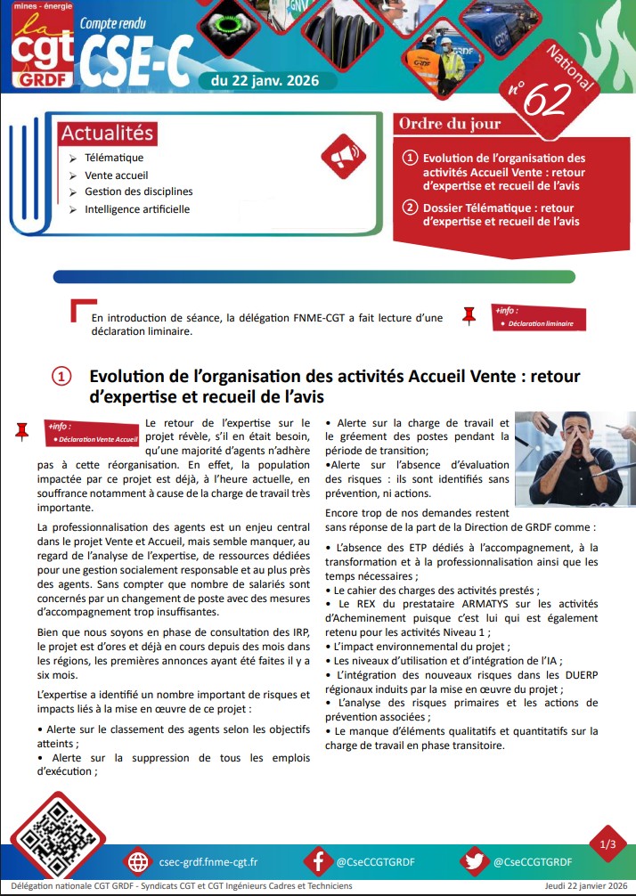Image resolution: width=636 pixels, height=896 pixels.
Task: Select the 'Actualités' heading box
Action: tap(108, 134)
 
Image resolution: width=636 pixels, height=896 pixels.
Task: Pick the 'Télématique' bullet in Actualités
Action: tap(114, 158)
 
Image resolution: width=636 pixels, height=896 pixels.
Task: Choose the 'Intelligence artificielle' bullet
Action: tap(136, 209)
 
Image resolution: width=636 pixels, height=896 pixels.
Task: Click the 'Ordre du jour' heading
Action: tap(450, 124)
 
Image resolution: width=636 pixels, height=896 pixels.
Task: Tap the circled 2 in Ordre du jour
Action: tap(410, 208)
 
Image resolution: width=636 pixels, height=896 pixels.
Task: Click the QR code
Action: tap(57, 835)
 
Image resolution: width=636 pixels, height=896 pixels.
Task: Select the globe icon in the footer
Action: tap(138, 861)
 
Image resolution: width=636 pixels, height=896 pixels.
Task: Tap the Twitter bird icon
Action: tap(476, 861)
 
